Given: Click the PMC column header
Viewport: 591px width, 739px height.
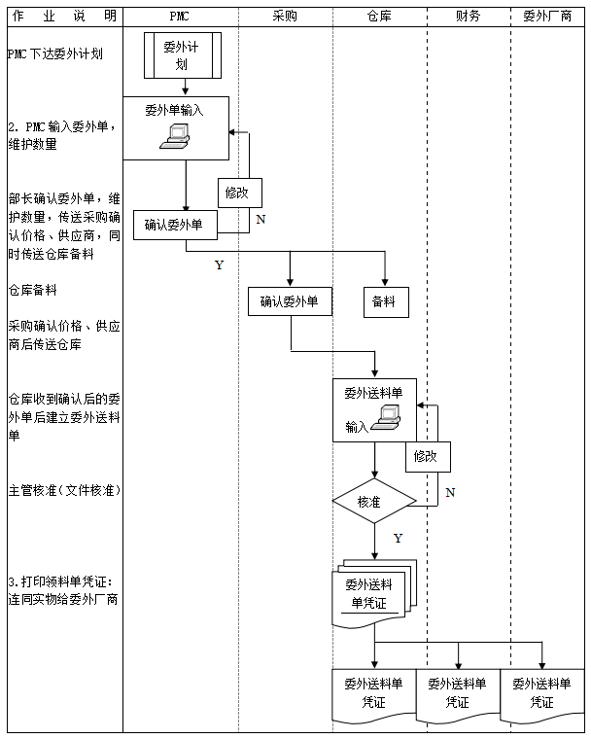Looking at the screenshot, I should tap(180, 17).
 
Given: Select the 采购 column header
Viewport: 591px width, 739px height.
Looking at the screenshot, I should tap(285, 17).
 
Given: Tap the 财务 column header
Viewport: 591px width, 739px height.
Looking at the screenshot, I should tap(469, 17).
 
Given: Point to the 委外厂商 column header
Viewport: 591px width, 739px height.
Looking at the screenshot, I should tap(547, 17).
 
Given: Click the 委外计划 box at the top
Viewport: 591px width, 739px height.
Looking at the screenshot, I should tap(183, 55).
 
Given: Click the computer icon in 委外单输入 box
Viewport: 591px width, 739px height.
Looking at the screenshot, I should tap(175, 139).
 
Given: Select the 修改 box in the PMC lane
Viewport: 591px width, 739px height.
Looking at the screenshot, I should tap(237, 193).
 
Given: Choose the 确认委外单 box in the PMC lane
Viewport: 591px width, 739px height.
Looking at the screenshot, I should tap(174, 225).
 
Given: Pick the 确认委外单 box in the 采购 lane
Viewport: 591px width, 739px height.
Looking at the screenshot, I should tap(289, 301).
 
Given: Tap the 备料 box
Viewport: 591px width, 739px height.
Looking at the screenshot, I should tap(385, 301).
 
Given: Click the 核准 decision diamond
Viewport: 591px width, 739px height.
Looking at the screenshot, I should tap(373, 502).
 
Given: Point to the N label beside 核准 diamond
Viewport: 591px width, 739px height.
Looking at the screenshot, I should tap(450, 493).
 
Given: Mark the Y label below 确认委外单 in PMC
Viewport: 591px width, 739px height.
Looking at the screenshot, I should tap(219, 264).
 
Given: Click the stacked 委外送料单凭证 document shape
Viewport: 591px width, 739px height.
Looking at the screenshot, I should tap(373, 594).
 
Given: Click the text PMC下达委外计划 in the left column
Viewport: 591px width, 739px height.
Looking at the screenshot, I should tap(54, 54).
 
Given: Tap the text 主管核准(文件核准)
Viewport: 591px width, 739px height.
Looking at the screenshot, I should tap(63, 490).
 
